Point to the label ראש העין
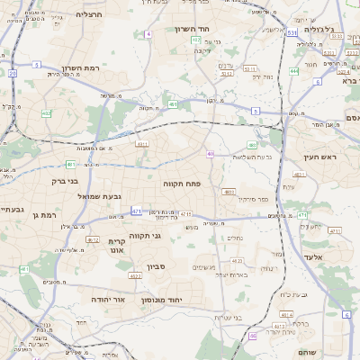click(x=319, y=157)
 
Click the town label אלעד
click(x=320, y=257)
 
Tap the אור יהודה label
click(x=112, y=298)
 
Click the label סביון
click(x=157, y=267)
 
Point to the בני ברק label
click(x=57, y=180)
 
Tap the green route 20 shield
click(x=13, y=73)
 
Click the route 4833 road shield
click(x=230, y=191)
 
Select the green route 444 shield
click(x=294, y=71)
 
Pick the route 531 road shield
click(x=292, y=32)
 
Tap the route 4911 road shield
click(x=141, y=143)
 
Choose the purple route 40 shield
click(x=211, y=154)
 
